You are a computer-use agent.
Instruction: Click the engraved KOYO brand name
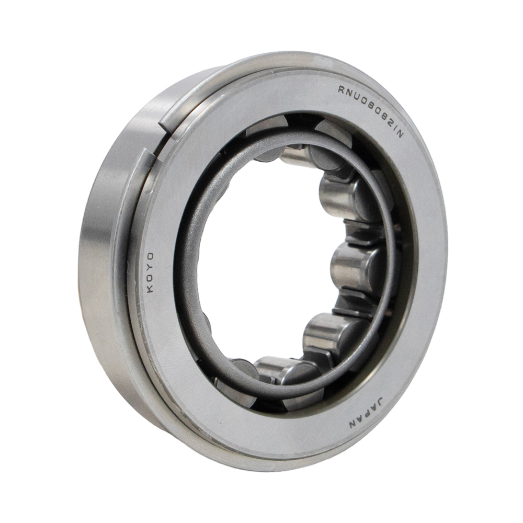click(x=151, y=272)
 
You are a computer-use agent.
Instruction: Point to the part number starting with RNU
click(x=371, y=110)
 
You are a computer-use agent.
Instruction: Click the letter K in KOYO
click(x=151, y=289)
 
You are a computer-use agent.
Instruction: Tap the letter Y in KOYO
click(x=151, y=267)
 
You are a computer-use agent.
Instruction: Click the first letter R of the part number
click(x=343, y=89)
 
